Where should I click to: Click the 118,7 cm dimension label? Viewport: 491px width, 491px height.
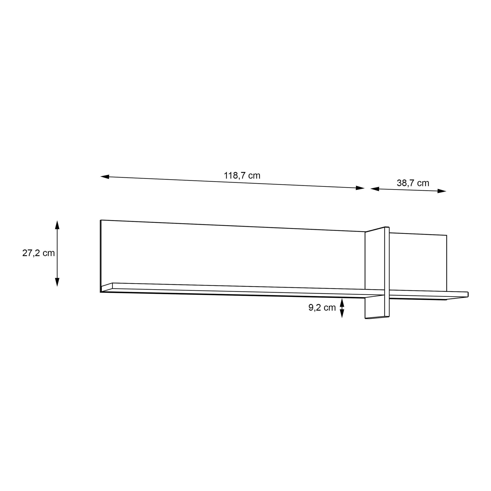coord(242,176)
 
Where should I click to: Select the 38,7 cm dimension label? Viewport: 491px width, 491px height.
coord(413,183)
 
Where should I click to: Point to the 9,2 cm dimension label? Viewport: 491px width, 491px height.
coord(322,308)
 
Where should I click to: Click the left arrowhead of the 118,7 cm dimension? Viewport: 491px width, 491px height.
coord(105,177)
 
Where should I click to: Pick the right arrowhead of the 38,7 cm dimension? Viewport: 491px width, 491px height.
coord(442,191)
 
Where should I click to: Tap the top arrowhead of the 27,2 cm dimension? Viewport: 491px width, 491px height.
coord(57,225)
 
